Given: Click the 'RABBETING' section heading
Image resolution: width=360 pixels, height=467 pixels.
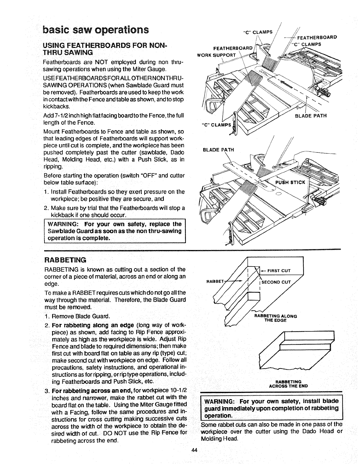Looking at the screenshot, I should [65, 260].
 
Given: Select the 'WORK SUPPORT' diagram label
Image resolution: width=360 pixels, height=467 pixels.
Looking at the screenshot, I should [217, 55].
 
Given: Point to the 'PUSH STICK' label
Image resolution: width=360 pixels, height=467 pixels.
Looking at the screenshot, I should [290, 182].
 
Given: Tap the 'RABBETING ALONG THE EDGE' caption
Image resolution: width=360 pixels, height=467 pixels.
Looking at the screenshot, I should [275, 318].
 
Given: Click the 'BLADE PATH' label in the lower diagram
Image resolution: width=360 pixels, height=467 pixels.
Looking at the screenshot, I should [218, 149].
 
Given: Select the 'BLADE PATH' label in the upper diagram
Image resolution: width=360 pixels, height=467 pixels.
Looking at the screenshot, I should [311, 116].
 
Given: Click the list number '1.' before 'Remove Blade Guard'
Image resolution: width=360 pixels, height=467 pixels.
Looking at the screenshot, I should [47, 316].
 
